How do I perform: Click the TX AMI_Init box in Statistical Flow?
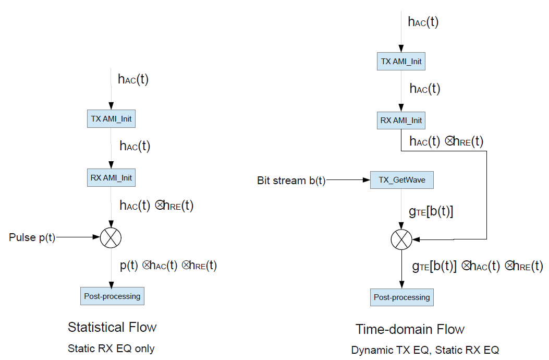[111, 119]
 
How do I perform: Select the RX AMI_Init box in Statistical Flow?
[111, 178]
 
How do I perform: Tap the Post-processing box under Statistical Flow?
[112, 296]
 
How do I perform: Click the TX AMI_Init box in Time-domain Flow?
[401, 62]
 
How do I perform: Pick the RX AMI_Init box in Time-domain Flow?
[401, 121]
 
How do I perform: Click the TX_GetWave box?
[401, 180]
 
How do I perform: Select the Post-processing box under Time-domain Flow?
[401, 297]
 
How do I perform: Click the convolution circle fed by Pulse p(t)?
[111, 237]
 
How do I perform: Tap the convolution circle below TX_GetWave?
[401, 239]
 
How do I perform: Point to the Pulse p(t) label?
[32, 238]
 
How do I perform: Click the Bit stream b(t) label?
[291, 181]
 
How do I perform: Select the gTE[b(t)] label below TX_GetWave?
[430, 211]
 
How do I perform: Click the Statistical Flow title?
[112, 327]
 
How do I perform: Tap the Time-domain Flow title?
[410, 329]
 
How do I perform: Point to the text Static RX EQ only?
[111, 349]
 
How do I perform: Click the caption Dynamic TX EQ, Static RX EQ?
[425, 350]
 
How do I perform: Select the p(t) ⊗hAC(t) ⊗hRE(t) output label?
[168, 266]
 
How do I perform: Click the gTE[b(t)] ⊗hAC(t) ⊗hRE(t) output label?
[477, 267]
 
